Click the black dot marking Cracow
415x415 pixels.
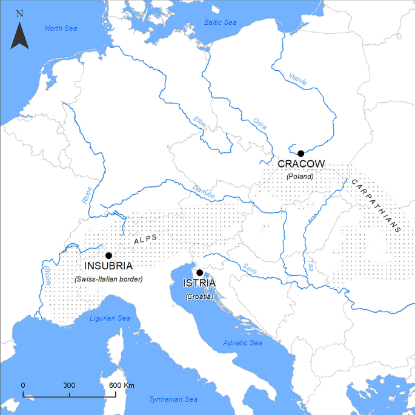pyautogui.click(x=300, y=153)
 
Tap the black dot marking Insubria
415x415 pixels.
pyautogui.click(x=108, y=255)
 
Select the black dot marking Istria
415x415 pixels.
pyautogui.click(x=199, y=272)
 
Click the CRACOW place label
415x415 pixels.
pyautogui.click(x=301, y=164)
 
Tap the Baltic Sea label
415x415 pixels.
pyautogui.click(x=219, y=22)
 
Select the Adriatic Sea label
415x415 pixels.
pyautogui.click(x=242, y=342)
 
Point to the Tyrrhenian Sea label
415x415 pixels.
pyautogui.click(x=174, y=399)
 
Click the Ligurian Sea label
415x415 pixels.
pyautogui.click(x=110, y=318)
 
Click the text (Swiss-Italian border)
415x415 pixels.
pyautogui.click(x=108, y=279)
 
